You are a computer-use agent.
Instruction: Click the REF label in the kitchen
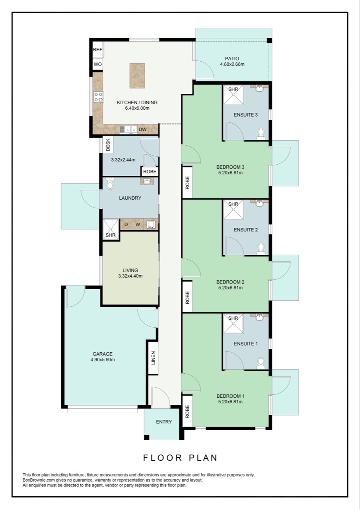coord(97,50)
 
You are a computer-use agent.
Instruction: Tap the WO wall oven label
coord(97,64)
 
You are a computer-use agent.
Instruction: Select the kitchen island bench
coord(137,76)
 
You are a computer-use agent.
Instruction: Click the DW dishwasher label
coord(142,129)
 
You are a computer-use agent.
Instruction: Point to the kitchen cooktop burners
coord(98,97)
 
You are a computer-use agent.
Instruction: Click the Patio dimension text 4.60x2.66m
coord(232,64)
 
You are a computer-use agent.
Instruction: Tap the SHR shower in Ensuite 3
coord(233,95)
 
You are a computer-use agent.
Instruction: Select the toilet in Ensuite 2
coord(261,248)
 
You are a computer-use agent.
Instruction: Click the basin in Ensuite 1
coord(259,317)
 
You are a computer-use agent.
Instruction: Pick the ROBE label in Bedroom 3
coord(187,183)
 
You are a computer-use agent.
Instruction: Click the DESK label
coord(108,145)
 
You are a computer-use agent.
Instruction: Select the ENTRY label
coord(164,422)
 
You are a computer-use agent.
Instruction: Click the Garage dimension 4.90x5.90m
coord(103,360)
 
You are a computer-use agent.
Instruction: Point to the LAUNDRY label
coord(130,198)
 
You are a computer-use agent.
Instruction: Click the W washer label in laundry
coord(138,225)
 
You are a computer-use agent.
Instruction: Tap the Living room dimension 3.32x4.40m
coord(130,276)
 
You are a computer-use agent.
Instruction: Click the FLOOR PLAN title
coord(180,458)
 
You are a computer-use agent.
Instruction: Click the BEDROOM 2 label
coord(230,282)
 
